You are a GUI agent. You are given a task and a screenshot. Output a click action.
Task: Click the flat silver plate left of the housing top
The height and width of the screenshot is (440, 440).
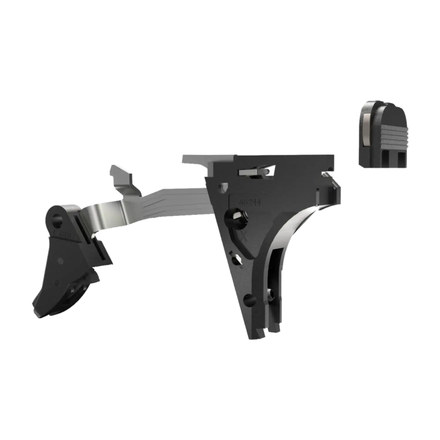pos(194,160)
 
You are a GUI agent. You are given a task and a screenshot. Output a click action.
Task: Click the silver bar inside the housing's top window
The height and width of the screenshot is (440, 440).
pos(255,171)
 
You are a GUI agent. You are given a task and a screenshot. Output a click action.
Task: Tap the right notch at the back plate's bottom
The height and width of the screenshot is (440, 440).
pos(398,160)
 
